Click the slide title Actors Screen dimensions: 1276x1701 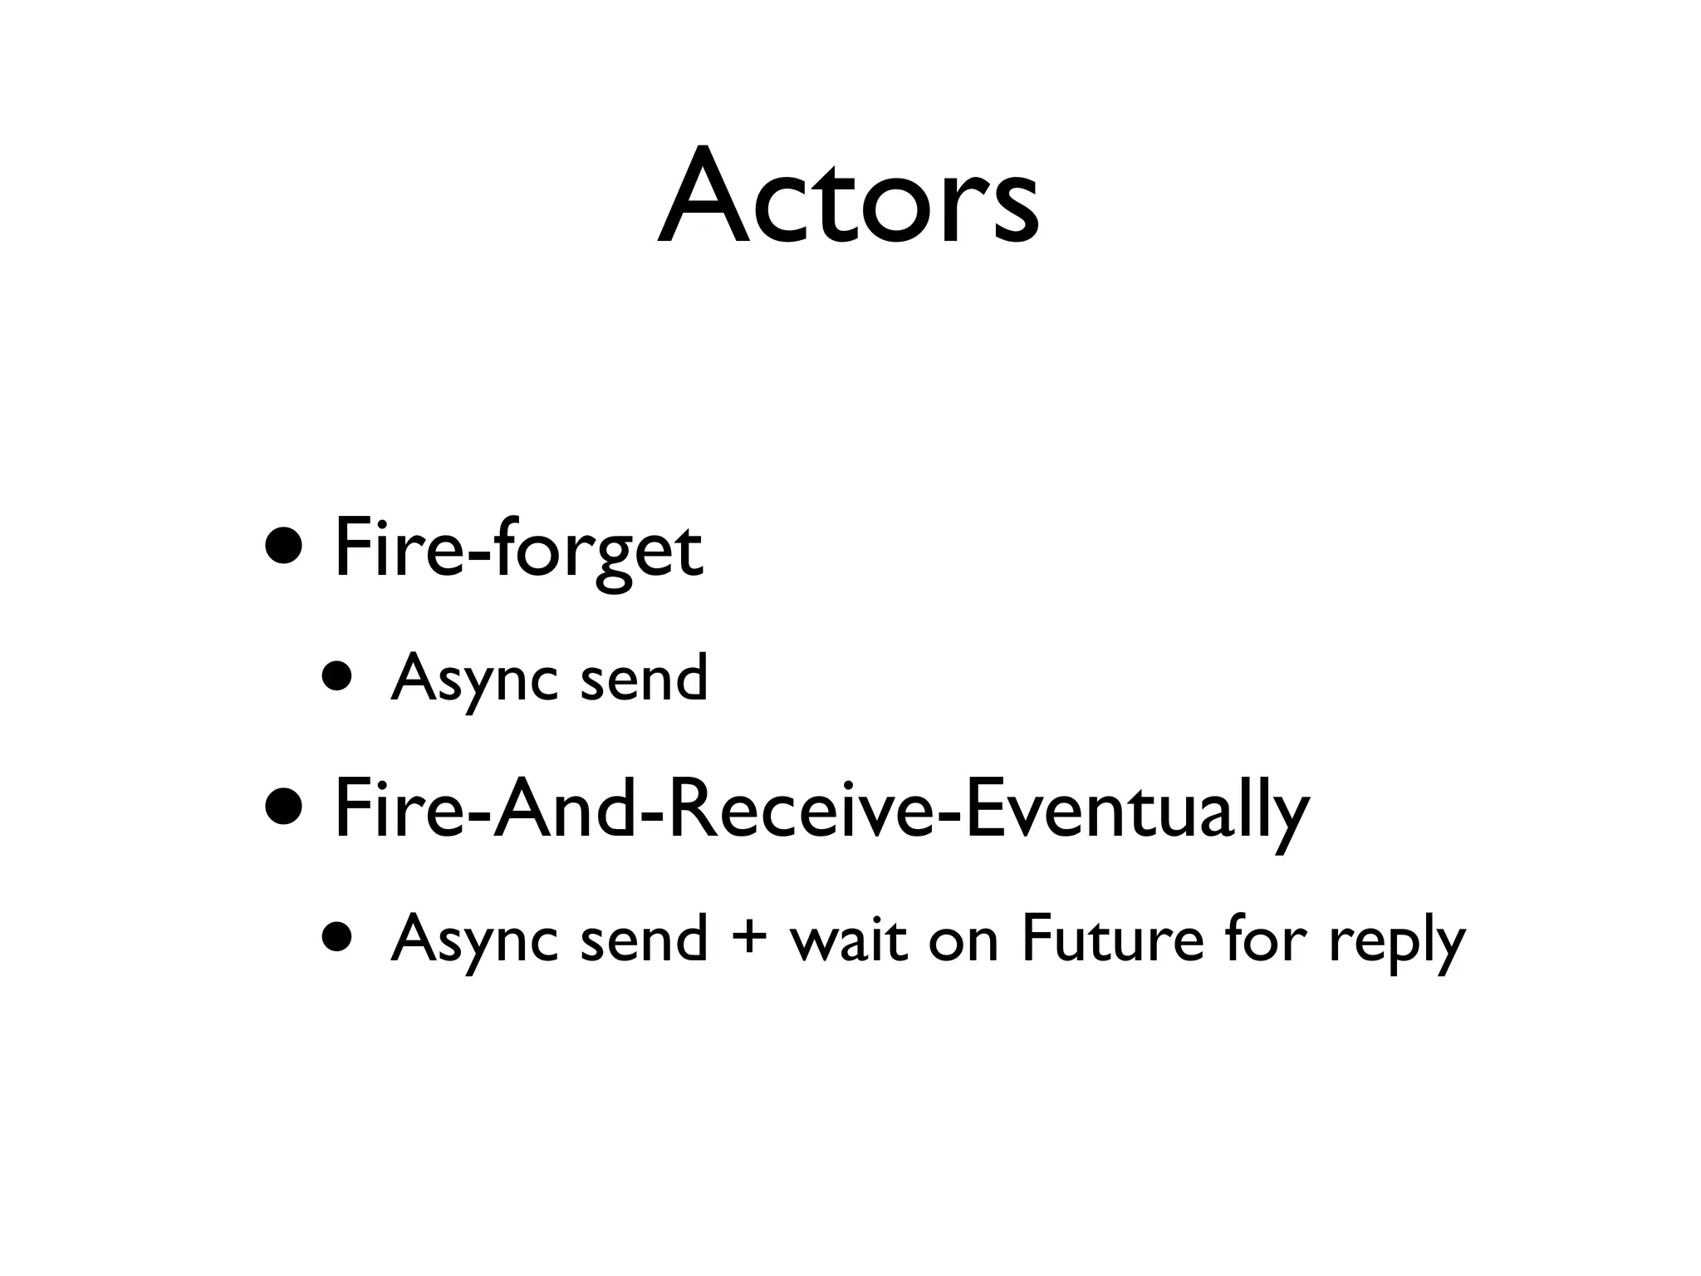(x=849, y=199)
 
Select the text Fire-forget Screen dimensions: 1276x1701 (x=518, y=548)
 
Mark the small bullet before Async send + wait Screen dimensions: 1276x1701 (x=338, y=940)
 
